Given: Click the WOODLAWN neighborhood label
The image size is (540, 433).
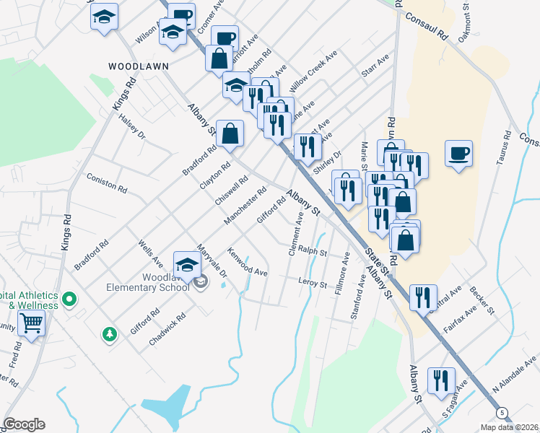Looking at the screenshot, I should (x=139, y=66).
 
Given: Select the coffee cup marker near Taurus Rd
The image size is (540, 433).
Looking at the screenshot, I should (x=458, y=154).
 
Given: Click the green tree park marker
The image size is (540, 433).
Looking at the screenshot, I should (x=109, y=333).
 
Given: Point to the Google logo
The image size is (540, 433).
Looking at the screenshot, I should (x=24, y=424).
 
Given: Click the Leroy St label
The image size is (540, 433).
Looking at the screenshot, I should (x=313, y=283).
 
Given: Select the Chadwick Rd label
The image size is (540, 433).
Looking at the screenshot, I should (x=167, y=328).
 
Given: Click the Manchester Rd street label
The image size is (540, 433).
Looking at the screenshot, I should (x=245, y=205).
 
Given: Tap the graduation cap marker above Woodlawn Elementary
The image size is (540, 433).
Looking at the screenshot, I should (x=187, y=265).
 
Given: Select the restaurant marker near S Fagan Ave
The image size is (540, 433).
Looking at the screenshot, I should (x=440, y=380).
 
